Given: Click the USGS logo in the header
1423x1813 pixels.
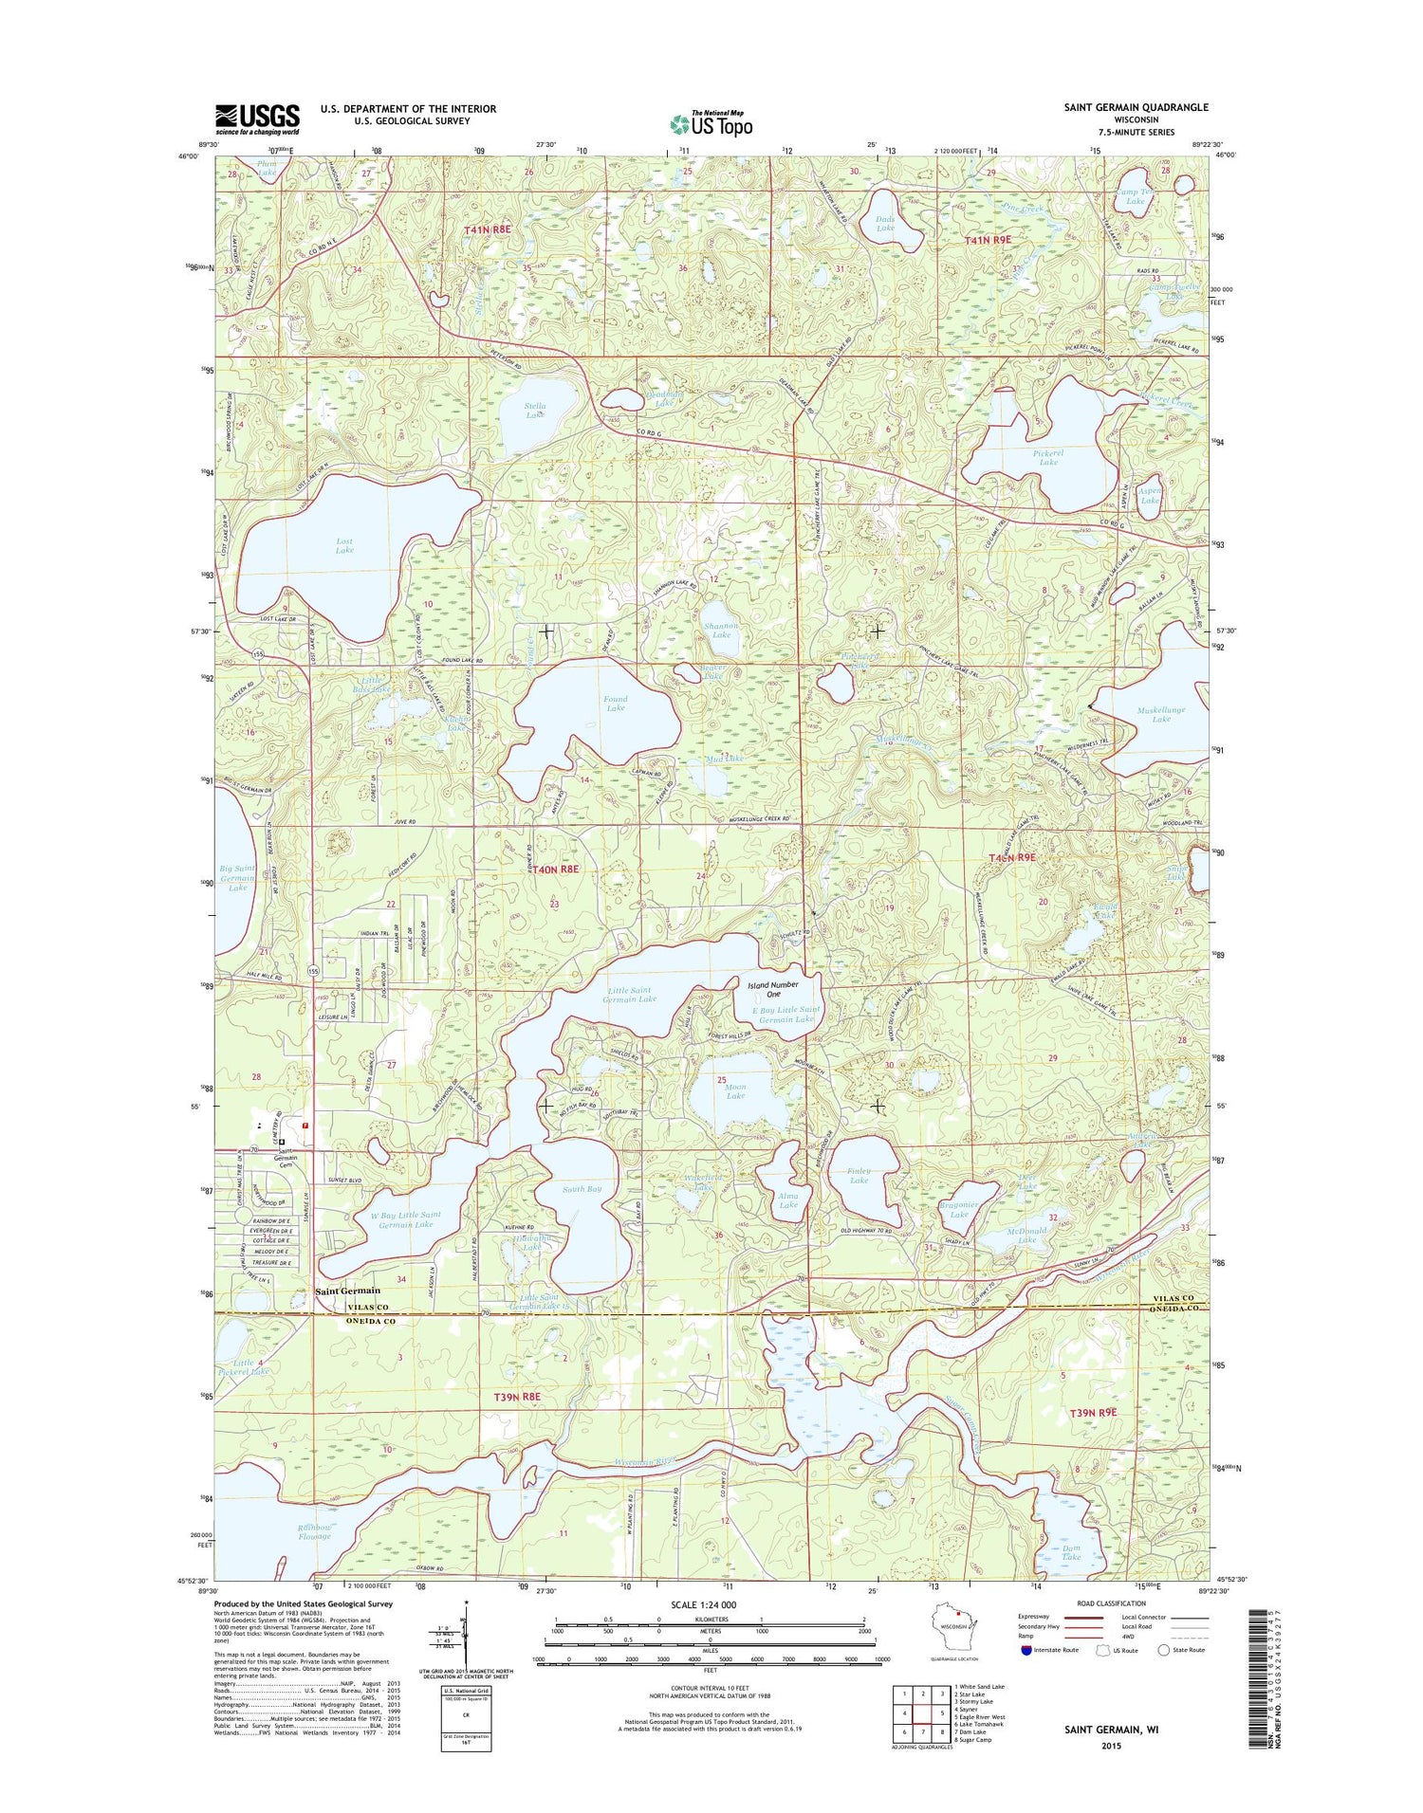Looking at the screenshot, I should pos(257,119).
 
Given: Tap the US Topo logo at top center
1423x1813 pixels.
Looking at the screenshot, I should pos(711,123).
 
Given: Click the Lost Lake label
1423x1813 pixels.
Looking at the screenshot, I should pos(344,545).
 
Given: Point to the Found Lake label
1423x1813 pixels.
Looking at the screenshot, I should pos(616,704).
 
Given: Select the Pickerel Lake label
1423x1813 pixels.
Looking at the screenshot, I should pos(1048,457).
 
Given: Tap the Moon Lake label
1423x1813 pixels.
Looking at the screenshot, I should pos(735,1091).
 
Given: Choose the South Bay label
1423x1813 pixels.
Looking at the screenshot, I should pos(582,1188).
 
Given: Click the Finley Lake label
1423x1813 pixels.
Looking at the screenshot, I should pos(859,1176).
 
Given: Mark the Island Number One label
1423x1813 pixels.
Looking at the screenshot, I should pos(773,989).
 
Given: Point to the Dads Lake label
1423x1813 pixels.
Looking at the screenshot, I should pos(885,224).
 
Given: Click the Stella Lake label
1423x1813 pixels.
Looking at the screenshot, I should pos(535,410).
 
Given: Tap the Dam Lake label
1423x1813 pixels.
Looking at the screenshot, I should pos(1071,1551).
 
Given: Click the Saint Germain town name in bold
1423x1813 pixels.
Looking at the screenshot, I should pos(347,1291).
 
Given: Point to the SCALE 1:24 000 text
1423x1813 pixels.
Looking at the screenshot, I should pos(704,1605).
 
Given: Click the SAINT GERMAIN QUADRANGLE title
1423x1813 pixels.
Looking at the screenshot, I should pos(1136,107).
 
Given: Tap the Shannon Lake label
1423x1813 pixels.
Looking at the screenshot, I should pos(721,630).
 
